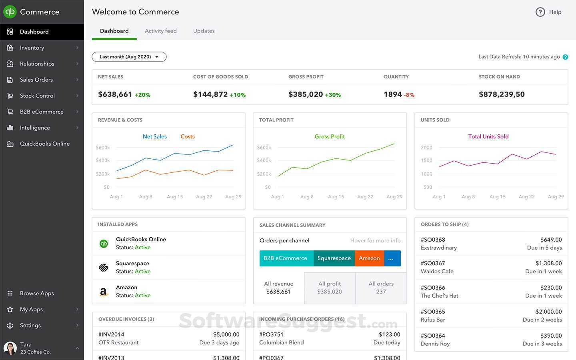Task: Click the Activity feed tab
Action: click(160, 31)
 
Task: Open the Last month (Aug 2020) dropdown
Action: click(129, 57)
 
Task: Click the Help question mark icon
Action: click(540, 12)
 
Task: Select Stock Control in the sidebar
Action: click(37, 96)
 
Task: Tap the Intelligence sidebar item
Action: click(35, 128)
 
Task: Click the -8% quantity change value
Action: click(409, 95)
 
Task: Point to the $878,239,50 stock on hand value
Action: click(502, 94)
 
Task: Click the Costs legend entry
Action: click(187, 136)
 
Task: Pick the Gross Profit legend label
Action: click(330, 136)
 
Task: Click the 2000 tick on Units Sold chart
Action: click(426, 148)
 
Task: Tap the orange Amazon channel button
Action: click(369, 258)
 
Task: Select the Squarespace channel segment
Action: click(334, 258)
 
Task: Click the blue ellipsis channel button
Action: click(392, 258)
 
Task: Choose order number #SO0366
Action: click(433, 288)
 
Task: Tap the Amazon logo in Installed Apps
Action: click(104, 292)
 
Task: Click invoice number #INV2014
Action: click(111, 334)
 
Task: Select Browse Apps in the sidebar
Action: click(37, 293)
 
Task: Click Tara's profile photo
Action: click(10, 348)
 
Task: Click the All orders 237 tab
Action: click(381, 288)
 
